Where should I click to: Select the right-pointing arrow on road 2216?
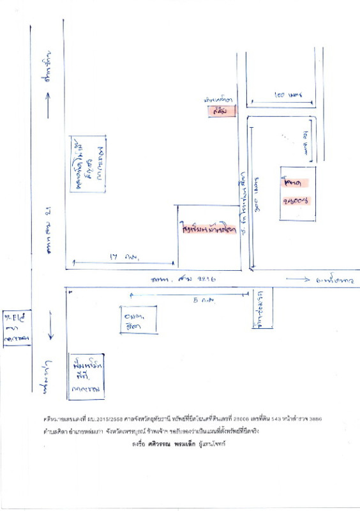(298, 279)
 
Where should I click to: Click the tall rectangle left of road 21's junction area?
(88, 164)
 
